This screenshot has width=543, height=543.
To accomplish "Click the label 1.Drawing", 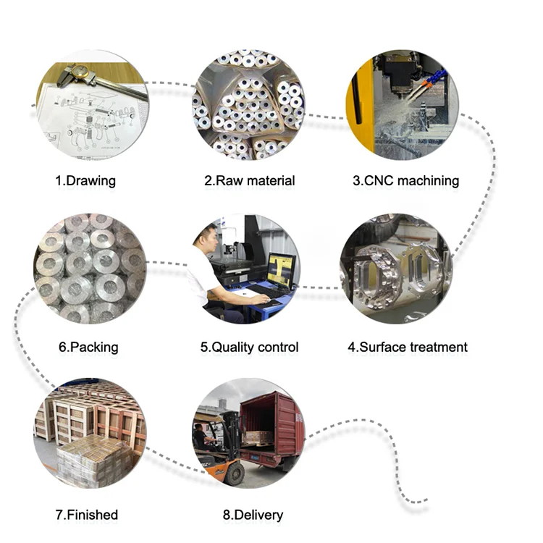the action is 85,180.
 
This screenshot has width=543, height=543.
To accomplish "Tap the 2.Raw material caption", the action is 249,180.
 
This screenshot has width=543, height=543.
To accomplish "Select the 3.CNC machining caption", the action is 405,180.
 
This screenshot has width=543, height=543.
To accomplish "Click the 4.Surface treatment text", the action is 408,347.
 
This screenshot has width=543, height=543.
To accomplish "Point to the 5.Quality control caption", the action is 249,347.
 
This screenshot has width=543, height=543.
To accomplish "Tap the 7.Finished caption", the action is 86,515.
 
